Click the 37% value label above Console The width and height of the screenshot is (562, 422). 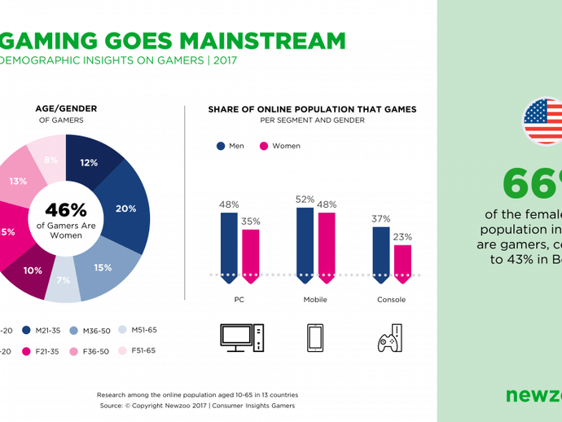point(380,219)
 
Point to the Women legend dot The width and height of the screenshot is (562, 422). point(264,146)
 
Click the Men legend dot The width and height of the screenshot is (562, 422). point(221,146)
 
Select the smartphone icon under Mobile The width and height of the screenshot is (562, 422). point(315,337)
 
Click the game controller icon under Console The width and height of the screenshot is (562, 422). point(389,337)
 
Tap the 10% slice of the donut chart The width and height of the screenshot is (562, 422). point(31,271)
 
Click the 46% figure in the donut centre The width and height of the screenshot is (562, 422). point(65,210)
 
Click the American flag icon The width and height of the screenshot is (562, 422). point(543,121)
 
